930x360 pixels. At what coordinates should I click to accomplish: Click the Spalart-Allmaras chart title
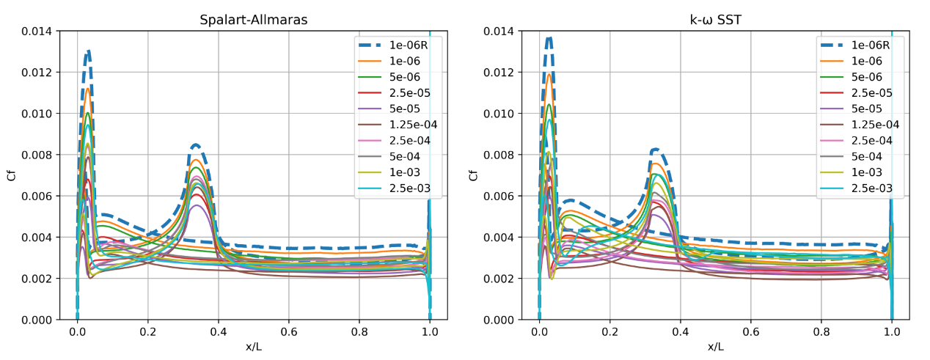[x=253, y=20]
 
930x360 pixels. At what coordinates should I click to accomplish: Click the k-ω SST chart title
[x=715, y=20]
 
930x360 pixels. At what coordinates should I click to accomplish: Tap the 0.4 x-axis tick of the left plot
[x=218, y=331]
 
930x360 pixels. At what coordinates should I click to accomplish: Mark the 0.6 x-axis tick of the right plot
[x=751, y=331]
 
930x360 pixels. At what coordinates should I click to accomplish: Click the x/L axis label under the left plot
[x=253, y=346]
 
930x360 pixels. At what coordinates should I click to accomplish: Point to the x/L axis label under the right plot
[x=715, y=346]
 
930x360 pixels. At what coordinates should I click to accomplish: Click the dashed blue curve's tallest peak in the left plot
[x=88, y=51]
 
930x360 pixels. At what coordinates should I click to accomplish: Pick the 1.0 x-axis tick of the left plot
[x=430, y=331]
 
